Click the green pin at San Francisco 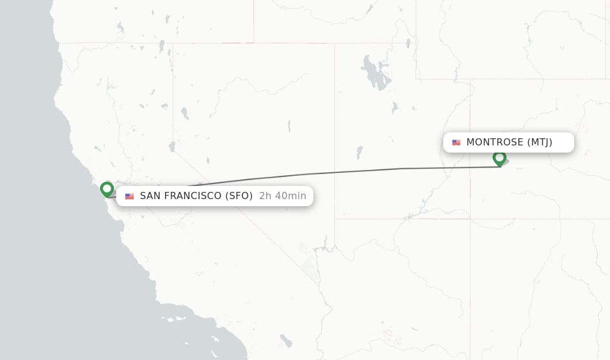coord(107,189)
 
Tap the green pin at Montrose coord(499,158)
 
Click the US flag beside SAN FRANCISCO coord(129,196)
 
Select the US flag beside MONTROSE coord(456,142)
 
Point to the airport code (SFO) coord(239,196)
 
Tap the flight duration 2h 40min coord(282,196)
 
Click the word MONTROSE coord(494,142)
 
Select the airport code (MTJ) coord(540,142)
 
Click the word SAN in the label coord(149,196)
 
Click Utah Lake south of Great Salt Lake coord(394,108)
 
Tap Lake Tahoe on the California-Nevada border coord(172,146)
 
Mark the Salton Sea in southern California coord(286,340)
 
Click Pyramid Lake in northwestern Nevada coord(185,113)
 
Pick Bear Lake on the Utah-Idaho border coord(408,43)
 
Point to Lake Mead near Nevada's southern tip coord(325,243)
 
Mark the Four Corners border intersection coord(470,219)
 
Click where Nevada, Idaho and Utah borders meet coord(335,43)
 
